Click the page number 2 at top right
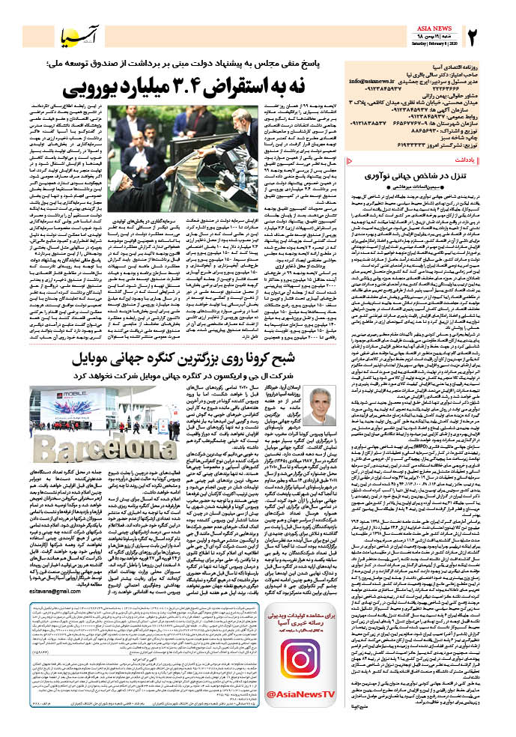[x=471, y=34]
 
